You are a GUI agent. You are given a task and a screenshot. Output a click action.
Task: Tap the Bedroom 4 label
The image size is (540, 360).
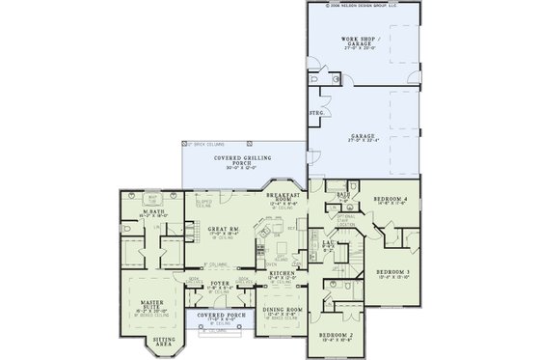point(387,200)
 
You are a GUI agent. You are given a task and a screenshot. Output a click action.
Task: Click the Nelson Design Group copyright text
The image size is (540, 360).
point(367,5)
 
